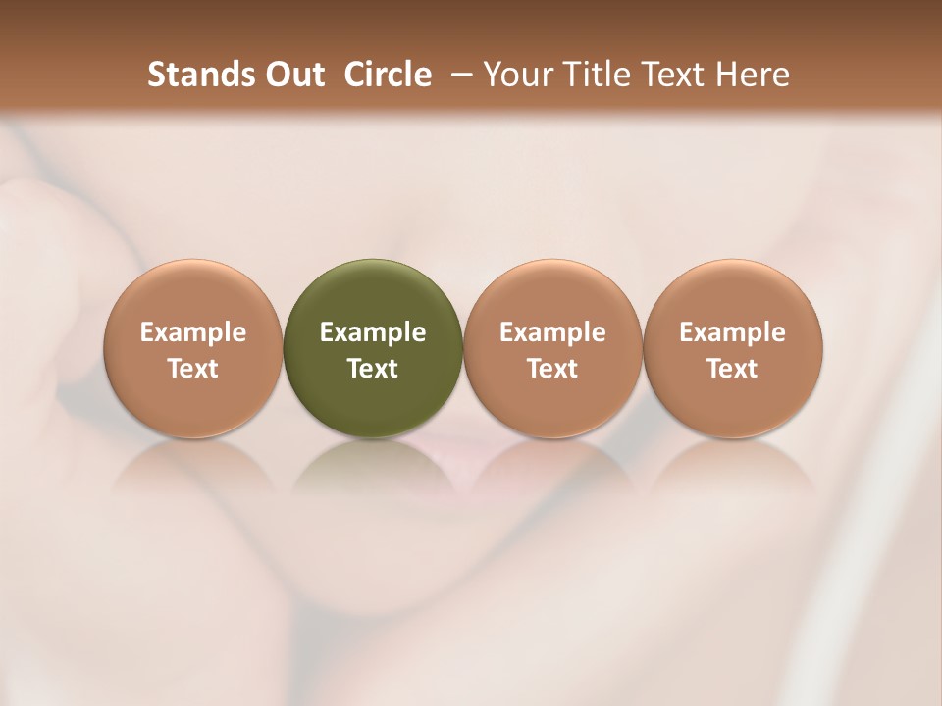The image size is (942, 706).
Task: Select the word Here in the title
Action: tap(754, 75)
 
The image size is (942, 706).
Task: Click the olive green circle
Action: tap(373, 294)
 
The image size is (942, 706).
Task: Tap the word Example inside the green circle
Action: tap(373, 332)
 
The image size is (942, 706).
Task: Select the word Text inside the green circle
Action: tap(373, 369)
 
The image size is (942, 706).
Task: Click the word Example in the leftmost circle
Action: tap(193, 332)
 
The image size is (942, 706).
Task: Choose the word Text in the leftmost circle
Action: tap(193, 369)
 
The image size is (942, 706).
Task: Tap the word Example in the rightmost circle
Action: tap(733, 332)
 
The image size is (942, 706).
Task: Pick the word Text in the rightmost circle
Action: tap(733, 369)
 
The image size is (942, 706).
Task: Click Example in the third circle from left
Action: tap(552, 332)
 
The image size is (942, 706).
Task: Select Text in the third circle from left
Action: tap(552, 369)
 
